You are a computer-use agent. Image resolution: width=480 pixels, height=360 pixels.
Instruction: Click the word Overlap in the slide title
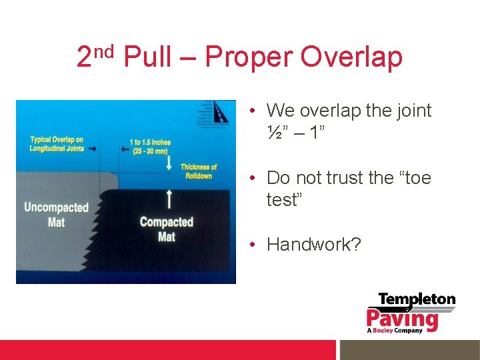[351, 58]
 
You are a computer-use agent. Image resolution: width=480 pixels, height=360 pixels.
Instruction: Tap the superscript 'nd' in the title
[105, 50]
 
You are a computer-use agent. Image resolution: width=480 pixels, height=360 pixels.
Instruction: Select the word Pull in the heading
[148, 58]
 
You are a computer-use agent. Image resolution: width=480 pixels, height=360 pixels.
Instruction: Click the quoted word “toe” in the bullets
[413, 178]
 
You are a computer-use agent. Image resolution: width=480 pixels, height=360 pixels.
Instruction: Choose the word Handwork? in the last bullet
[313, 245]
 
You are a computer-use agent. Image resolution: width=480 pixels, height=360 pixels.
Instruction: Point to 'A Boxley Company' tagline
[395, 330]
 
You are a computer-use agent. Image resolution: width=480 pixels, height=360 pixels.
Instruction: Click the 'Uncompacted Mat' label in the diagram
[56, 214]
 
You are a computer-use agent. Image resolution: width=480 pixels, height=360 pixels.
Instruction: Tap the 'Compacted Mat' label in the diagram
[166, 228]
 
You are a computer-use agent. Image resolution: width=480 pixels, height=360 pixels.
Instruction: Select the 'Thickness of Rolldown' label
[199, 171]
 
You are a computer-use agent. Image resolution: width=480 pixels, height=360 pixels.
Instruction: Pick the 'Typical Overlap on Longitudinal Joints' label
[57, 143]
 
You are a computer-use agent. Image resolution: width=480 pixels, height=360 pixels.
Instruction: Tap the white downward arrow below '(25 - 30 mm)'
[169, 162]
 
